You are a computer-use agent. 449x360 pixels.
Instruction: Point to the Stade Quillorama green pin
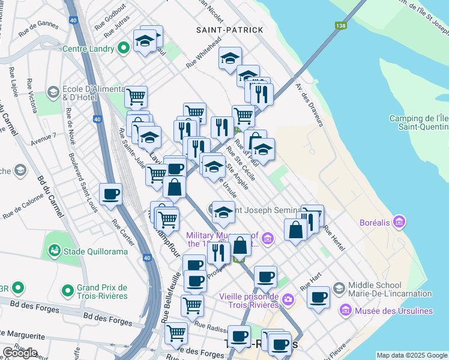click(x=55, y=248)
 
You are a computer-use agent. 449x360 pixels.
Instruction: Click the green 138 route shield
click(x=341, y=25)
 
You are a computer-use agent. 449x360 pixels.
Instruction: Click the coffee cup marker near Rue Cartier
click(x=111, y=194)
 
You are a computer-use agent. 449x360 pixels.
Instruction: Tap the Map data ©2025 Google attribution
click(x=412, y=355)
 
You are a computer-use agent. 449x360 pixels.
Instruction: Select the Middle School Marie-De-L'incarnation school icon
click(x=339, y=289)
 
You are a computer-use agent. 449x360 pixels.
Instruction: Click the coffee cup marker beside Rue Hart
click(x=319, y=297)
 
